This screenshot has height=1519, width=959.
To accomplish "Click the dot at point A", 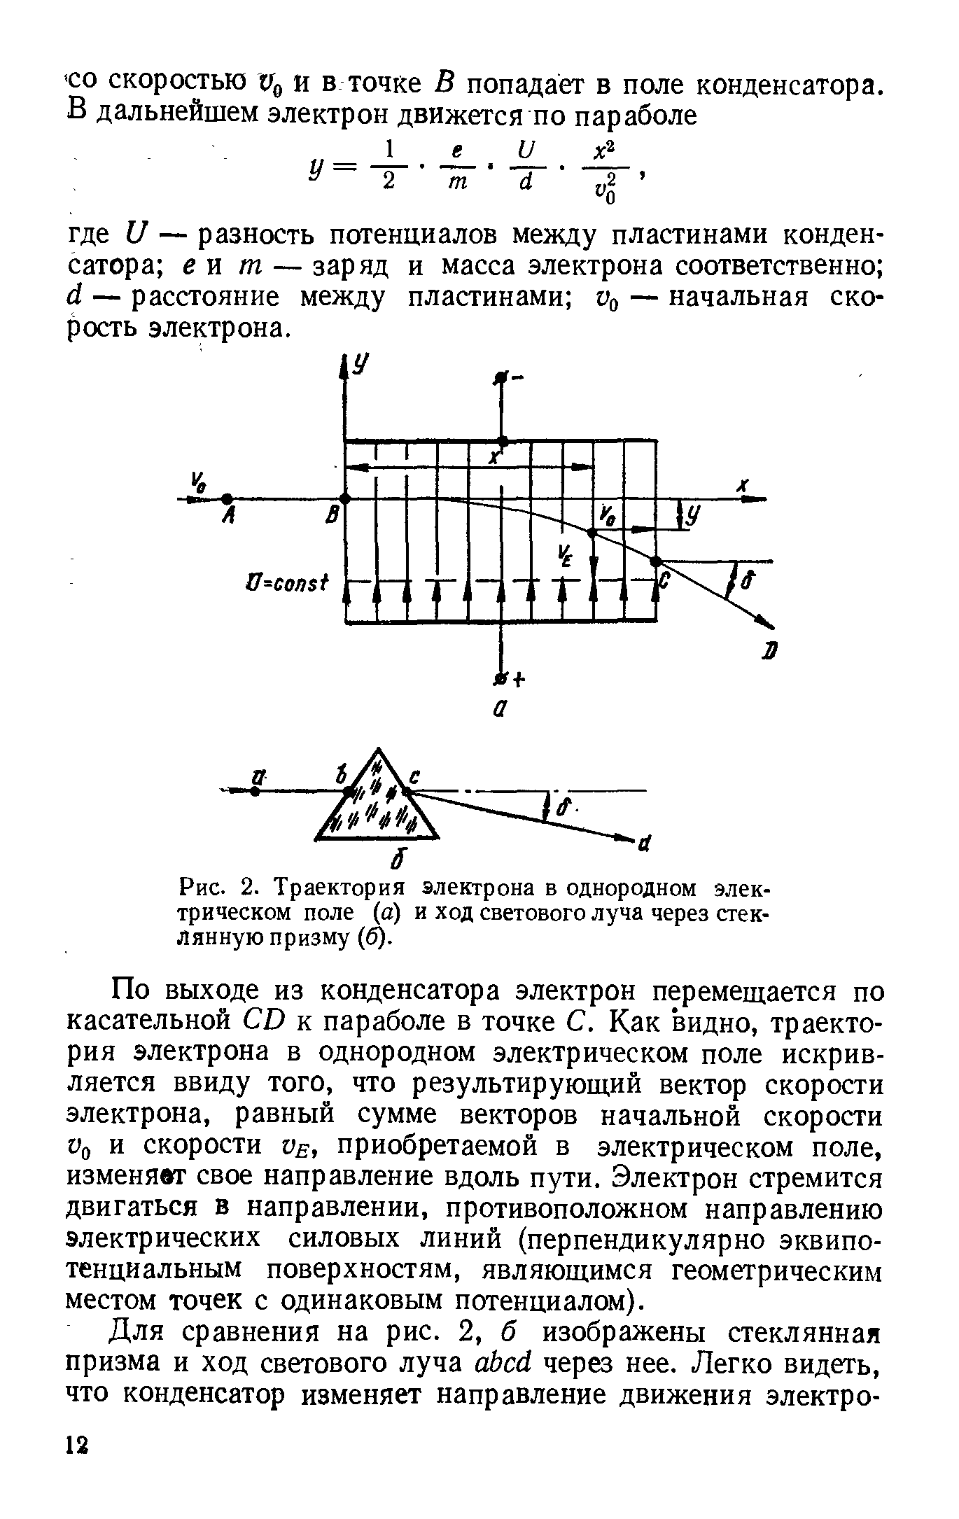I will [225, 498].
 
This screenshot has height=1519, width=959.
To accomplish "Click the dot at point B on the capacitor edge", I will [344, 498].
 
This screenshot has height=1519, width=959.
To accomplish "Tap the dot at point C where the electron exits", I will [656, 561].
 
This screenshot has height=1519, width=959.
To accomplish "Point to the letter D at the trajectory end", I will [770, 652].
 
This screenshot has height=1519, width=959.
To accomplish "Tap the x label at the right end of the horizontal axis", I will [743, 484].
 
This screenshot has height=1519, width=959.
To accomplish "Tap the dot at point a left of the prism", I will [255, 792].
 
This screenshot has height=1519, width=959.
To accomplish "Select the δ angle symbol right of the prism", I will [565, 806].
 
